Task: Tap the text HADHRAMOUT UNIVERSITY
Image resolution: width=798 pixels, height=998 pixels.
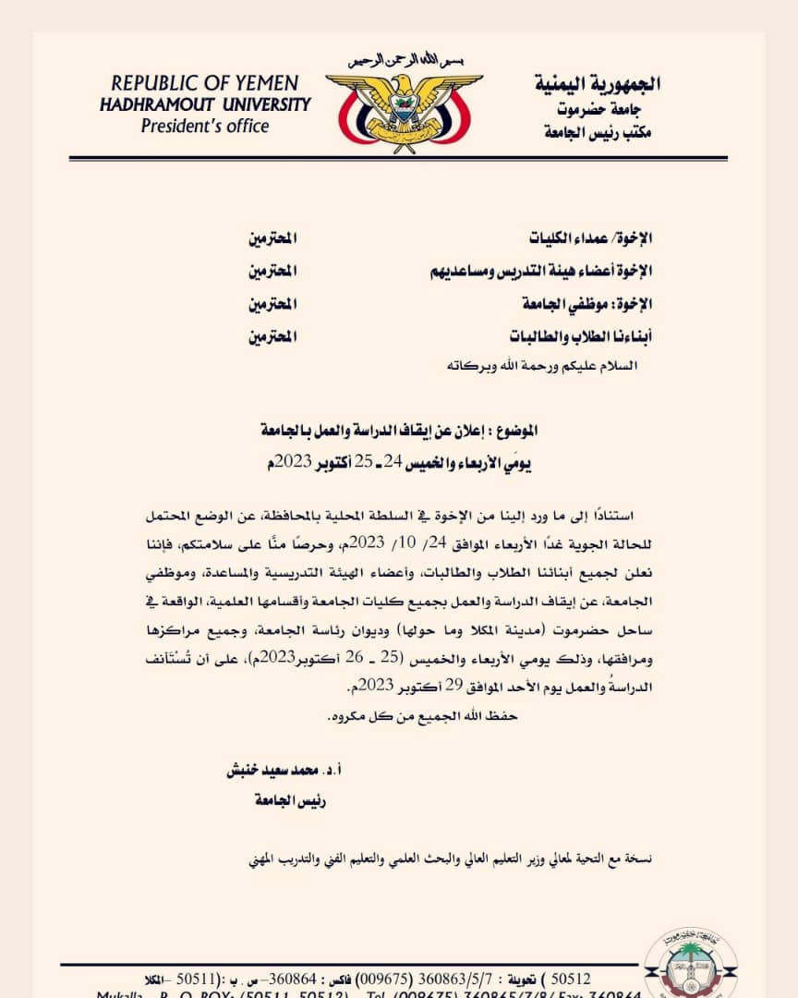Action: tap(205, 104)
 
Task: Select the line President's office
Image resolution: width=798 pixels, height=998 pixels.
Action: tap(205, 126)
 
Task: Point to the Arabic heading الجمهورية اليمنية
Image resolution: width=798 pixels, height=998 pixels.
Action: tap(598, 84)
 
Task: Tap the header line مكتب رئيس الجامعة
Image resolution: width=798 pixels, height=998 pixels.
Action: tap(598, 133)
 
